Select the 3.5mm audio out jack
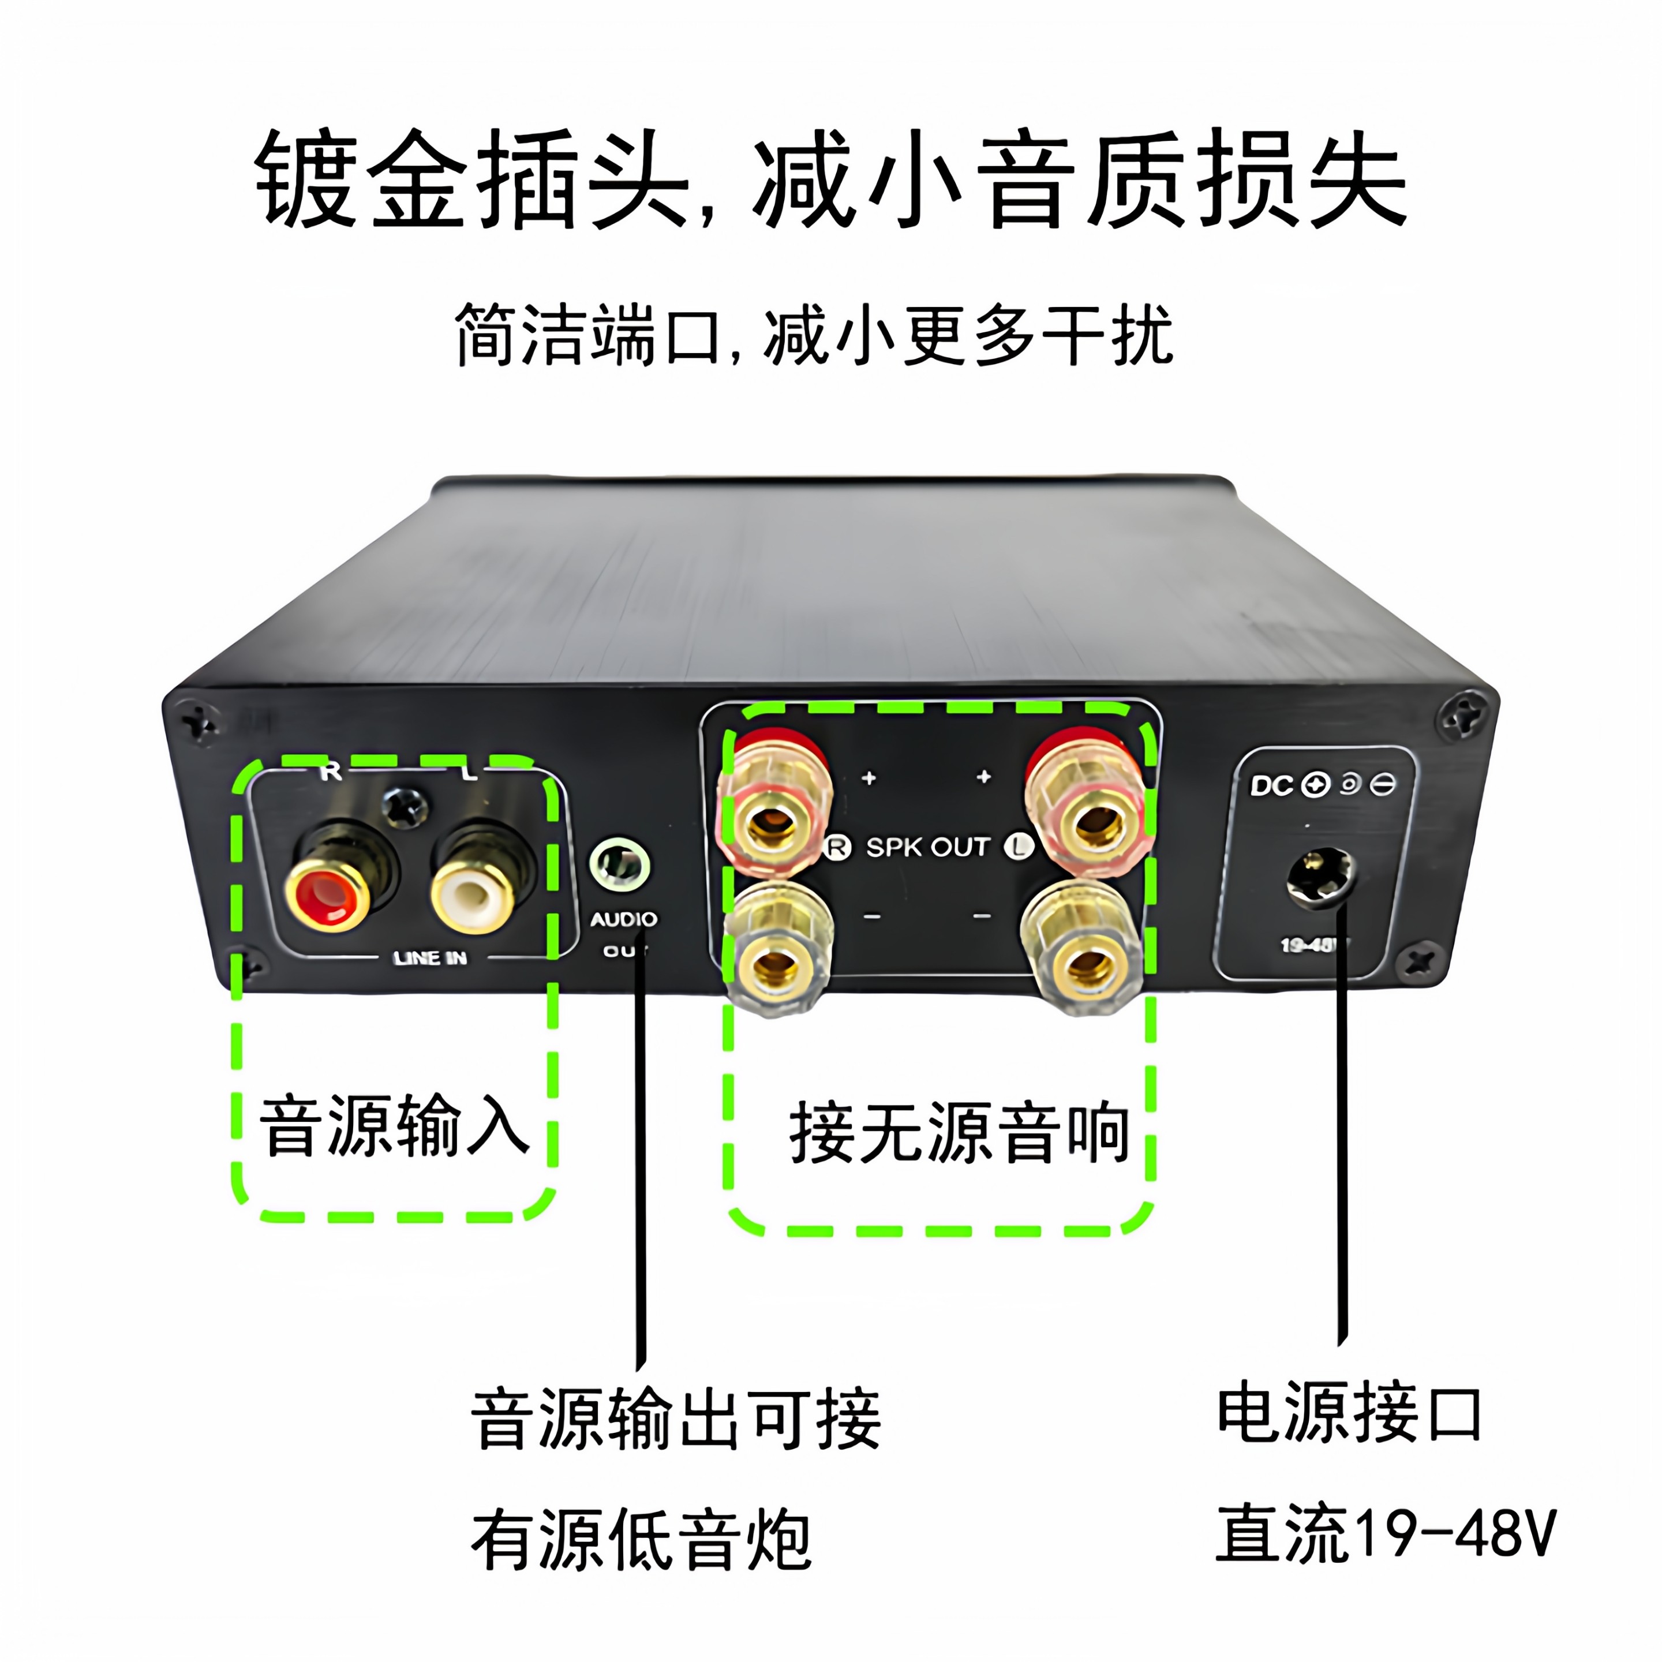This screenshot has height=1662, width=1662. (x=619, y=864)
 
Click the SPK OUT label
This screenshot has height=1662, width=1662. (x=927, y=847)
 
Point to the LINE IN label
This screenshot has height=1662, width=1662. (x=429, y=957)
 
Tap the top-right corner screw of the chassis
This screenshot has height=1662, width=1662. (x=1462, y=717)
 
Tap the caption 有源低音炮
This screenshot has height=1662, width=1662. (x=641, y=1540)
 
